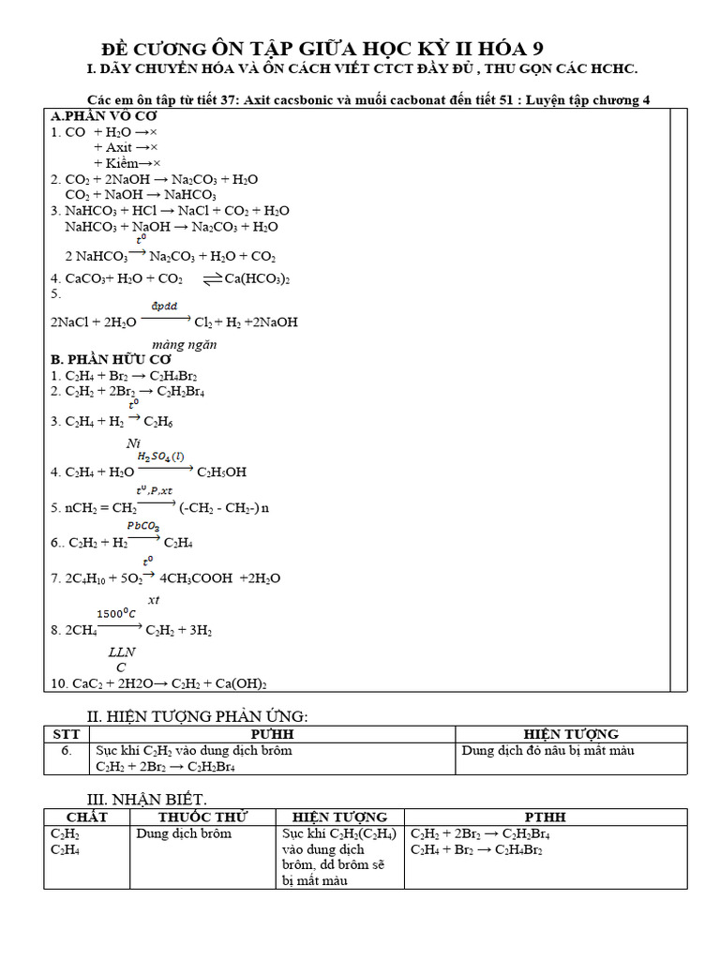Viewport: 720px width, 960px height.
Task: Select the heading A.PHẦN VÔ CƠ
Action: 103,116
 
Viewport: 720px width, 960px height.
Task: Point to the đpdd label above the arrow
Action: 165,307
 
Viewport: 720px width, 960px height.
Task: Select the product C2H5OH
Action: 224,472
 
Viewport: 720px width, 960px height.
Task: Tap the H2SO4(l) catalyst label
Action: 161,457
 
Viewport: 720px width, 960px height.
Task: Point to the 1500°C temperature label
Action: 117,613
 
